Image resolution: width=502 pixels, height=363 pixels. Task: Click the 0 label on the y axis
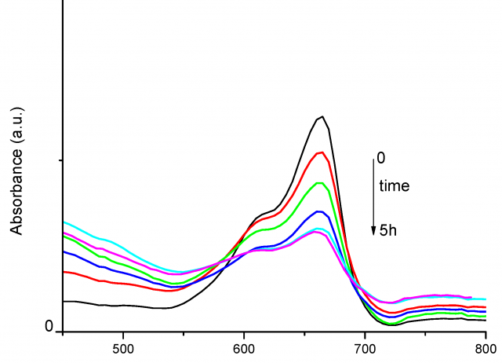[49, 326]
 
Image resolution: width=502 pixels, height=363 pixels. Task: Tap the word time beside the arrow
[395, 186]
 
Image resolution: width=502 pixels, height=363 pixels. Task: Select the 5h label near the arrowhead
[387, 229]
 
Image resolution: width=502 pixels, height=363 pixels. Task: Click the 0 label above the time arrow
[381, 158]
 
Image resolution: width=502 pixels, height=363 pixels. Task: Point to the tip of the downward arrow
[373, 233]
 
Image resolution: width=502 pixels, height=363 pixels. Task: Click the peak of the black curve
[322, 116]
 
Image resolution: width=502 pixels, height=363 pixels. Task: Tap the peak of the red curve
[320, 152]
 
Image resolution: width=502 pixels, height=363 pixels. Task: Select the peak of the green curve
[319, 182]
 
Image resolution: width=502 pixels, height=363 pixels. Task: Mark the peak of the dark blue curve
[318, 211]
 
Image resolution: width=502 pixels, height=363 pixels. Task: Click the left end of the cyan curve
[64, 222]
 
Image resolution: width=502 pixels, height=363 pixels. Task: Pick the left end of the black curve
[64, 301]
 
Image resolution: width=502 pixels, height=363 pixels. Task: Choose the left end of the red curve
[64, 271]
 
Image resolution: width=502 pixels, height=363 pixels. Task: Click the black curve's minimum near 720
[392, 324]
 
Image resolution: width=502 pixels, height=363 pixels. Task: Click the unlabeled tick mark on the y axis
[60, 160]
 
